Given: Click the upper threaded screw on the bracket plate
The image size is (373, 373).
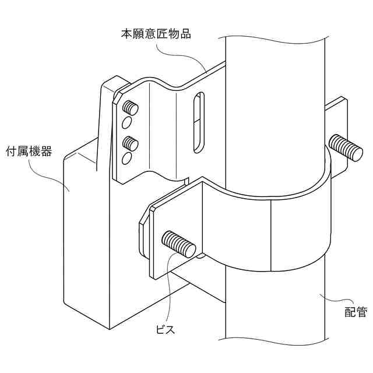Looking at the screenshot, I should pos(131,108).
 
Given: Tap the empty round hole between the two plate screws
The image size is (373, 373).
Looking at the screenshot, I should pos(126,123).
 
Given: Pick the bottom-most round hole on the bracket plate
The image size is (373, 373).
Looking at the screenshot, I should pos(126,159).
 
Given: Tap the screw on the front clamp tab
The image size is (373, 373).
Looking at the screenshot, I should pos(178,243).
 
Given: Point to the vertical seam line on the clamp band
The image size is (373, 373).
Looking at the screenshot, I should pos(271,233).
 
